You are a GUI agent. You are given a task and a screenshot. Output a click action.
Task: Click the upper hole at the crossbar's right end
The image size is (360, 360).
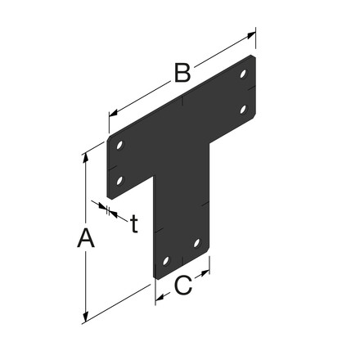pos(244,74)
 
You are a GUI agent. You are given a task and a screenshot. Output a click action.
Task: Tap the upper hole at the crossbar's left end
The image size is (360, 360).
pos(121,146)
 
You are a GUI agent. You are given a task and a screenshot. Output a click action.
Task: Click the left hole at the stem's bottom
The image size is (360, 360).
pos(164,260)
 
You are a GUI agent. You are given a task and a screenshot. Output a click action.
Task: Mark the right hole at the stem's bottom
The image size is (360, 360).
pos(196,241)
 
